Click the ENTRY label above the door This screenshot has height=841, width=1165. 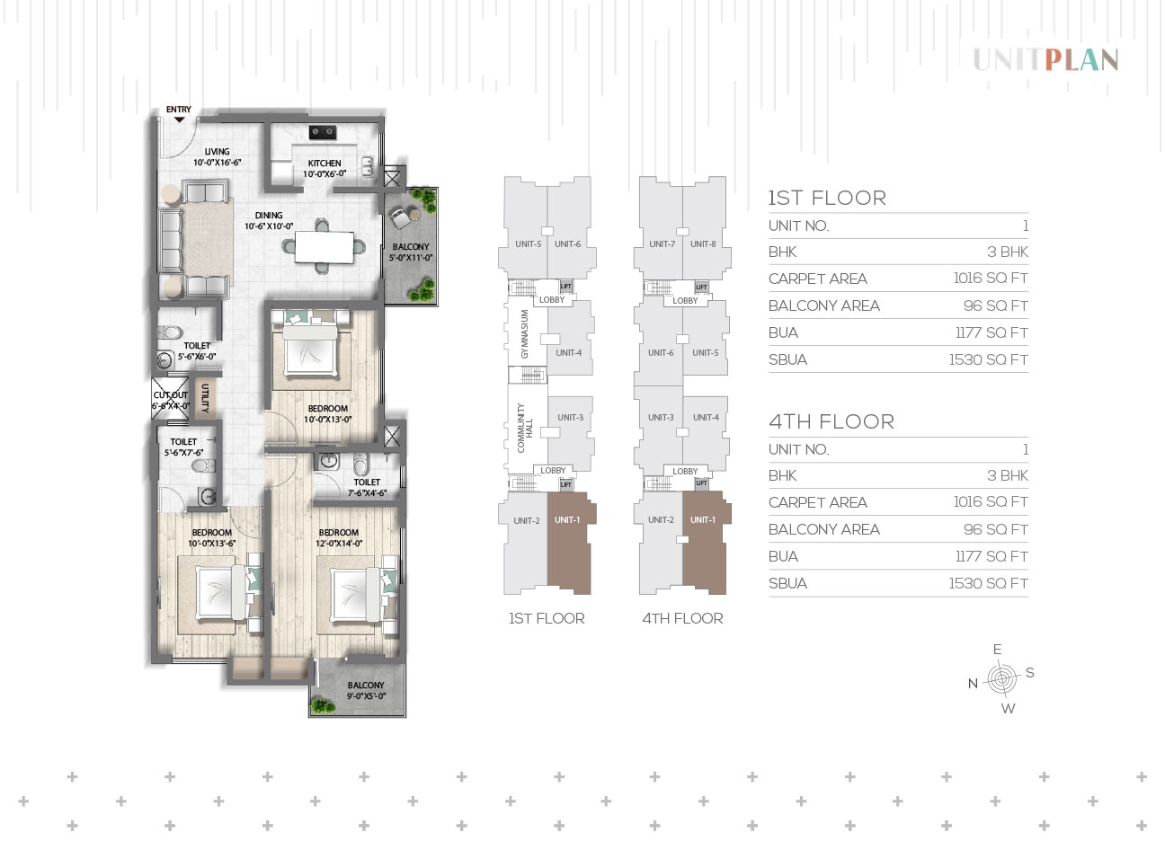click(x=178, y=109)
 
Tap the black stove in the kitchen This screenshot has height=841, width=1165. click(x=323, y=132)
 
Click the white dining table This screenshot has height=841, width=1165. click(x=324, y=247)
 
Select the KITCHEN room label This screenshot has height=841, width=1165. click(x=325, y=164)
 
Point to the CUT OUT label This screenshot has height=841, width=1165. click(x=171, y=395)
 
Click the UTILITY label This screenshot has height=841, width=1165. click(x=205, y=398)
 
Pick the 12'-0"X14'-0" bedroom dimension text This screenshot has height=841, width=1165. click(x=339, y=544)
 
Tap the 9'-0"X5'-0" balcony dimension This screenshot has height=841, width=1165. click(x=366, y=696)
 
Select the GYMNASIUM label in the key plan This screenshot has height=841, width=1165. click(x=525, y=334)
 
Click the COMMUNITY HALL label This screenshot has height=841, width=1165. click(x=525, y=429)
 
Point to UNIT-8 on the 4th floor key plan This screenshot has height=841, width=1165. click(x=703, y=243)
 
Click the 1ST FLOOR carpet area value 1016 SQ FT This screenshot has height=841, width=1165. click(x=991, y=278)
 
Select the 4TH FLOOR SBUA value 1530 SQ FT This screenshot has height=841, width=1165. click(x=989, y=583)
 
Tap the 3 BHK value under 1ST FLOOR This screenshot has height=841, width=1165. click(x=1008, y=252)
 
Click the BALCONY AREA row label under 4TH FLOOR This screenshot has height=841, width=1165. click(x=824, y=529)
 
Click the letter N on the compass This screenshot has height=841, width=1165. click(x=974, y=684)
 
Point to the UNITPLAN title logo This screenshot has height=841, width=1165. click(x=1045, y=60)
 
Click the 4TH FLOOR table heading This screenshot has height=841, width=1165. click(x=832, y=421)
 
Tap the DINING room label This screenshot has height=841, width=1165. click(x=269, y=215)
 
